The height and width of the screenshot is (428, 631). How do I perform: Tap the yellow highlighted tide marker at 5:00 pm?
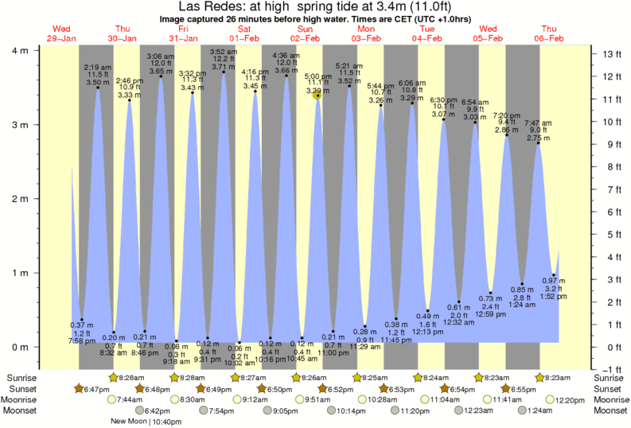point(317,95)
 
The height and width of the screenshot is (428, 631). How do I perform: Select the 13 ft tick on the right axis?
point(609,54)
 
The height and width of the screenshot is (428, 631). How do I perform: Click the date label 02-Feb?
point(306,38)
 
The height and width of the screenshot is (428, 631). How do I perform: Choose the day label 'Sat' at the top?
point(244,29)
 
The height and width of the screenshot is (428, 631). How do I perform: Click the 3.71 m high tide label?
point(224,67)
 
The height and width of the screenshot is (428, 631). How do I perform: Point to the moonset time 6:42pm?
point(159,410)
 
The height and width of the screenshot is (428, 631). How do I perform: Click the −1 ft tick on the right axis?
point(609,370)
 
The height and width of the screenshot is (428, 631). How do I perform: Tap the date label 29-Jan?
point(61,38)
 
